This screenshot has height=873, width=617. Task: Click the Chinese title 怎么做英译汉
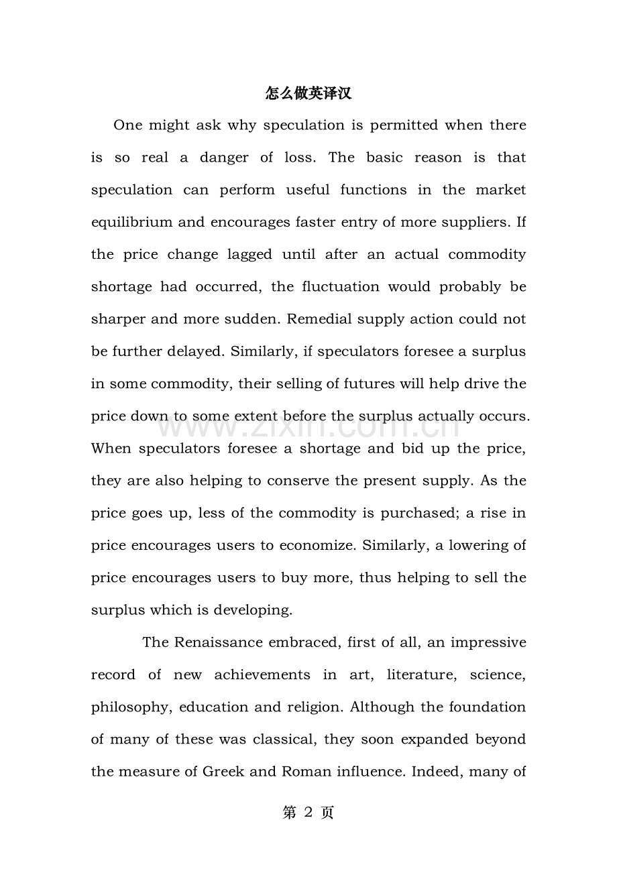[308, 93]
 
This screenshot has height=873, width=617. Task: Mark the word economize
[316, 545]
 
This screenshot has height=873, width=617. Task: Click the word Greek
[224, 772]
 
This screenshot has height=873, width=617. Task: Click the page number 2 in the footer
[308, 813]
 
